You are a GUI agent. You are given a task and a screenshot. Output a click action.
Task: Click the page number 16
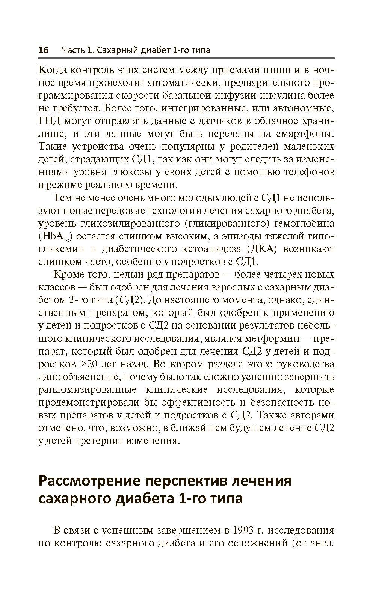pos(44,50)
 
